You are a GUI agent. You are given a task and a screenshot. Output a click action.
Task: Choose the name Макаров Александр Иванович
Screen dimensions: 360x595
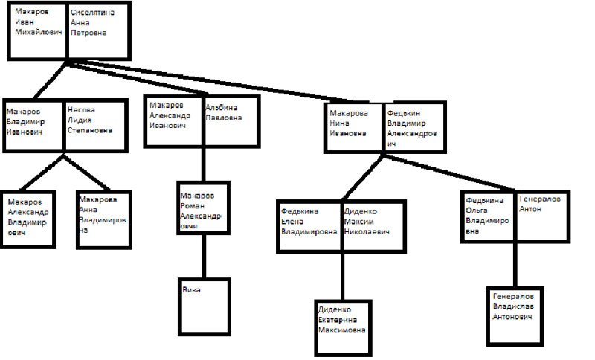pos(170,115)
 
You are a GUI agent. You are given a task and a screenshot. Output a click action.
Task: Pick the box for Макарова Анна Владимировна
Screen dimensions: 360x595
pos(103,216)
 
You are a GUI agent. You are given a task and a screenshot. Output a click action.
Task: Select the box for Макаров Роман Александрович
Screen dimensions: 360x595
pos(201,210)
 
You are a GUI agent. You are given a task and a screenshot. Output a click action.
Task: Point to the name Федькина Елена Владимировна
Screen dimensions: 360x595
pos(309,221)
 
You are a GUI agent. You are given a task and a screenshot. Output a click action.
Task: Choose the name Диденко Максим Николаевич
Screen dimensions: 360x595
pos(371,221)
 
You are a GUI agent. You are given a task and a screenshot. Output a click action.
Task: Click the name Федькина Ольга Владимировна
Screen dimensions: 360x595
pos(487,216)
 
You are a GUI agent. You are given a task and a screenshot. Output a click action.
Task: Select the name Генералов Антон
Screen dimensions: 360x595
pos(541,205)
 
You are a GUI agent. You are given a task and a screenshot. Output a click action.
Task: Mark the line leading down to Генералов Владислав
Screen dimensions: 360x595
pos(515,264)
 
